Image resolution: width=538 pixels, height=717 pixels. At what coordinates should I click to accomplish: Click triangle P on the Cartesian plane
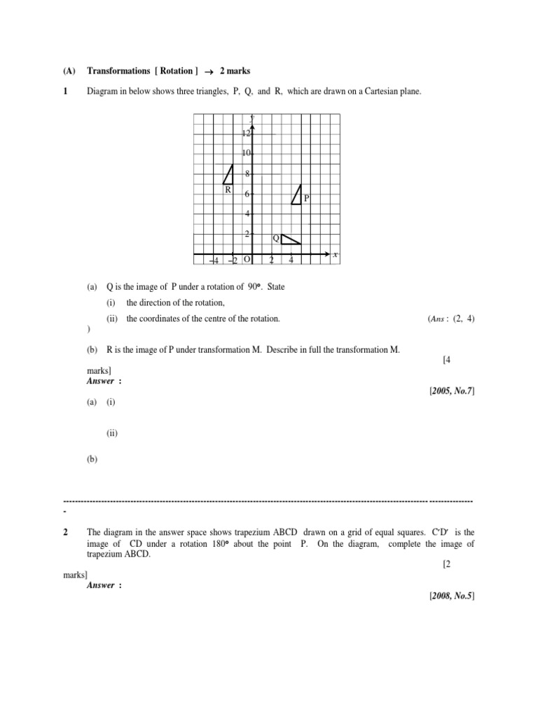point(298,196)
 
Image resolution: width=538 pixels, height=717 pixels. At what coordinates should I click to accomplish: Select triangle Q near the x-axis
point(288,239)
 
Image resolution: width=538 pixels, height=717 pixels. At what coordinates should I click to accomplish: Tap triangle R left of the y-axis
point(228,176)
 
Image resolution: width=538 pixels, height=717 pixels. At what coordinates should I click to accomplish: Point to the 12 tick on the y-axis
point(245,133)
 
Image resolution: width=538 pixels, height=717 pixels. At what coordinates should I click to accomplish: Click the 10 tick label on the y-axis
point(245,153)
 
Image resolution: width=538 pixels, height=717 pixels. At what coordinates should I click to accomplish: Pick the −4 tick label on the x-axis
point(214,260)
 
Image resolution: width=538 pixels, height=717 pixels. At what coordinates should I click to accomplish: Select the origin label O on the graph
point(247,260)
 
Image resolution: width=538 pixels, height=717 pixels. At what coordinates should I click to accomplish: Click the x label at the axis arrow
point(336,255)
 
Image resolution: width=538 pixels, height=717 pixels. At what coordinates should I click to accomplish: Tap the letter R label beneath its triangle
point(228,190)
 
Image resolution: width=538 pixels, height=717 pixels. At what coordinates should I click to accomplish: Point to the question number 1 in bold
point(65,92)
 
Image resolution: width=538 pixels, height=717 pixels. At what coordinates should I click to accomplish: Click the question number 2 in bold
point(65,533)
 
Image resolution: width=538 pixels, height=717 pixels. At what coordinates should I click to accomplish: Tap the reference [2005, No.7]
point(452,390)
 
